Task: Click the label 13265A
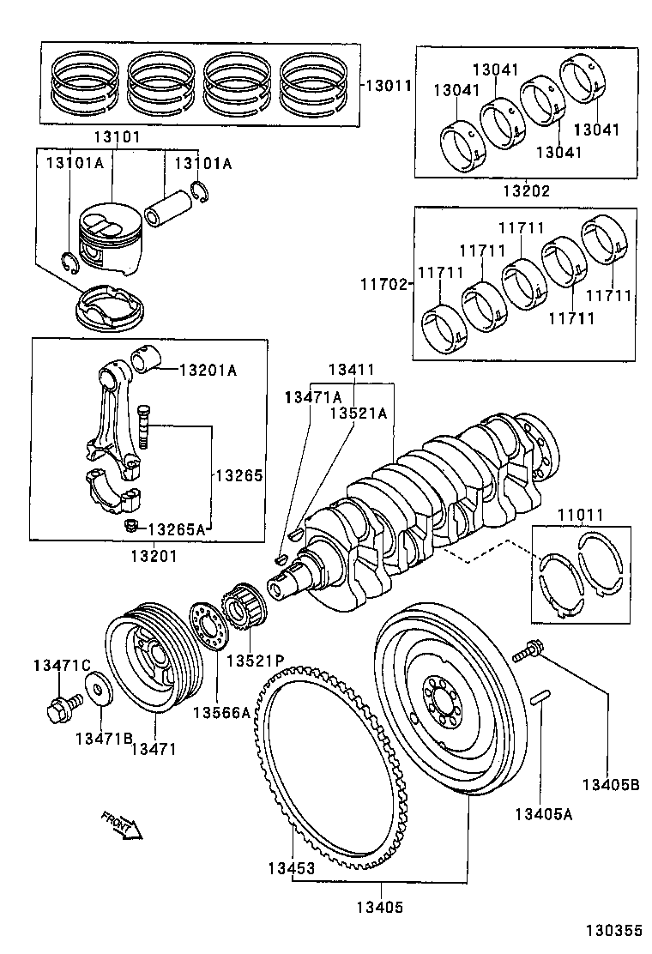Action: tap(177, 528)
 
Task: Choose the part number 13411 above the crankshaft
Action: tap(352, 370)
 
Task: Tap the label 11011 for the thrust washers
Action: tap(581, 515)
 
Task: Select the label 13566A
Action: tap(220, 712)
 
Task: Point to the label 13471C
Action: tap(61, 665)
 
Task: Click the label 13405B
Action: tap(610, 783)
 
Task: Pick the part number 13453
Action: tap(288, 867)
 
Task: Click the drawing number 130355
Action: tap(613, 930)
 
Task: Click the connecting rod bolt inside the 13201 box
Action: tap(142, 425)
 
